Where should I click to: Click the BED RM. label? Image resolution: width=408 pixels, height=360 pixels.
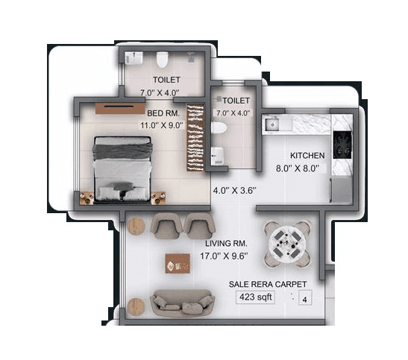click(x=163, y=113)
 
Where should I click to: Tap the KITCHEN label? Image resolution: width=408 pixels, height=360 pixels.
click(x=307, y=155)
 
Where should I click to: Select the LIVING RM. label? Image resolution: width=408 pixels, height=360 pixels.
click(x=226, y=244)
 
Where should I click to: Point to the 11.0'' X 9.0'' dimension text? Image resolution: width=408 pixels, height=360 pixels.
click(x=163, y=125)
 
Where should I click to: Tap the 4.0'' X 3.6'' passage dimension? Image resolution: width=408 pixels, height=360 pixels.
click(x=235, y=190)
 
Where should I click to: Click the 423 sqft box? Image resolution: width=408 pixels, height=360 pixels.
click(x=255, y=297)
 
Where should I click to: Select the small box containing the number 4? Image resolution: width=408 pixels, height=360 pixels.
click(x=304, y=300)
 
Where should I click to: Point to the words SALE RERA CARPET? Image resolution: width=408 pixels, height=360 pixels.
click(x=267, y=284)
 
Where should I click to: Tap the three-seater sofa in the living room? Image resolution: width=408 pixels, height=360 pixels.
click(x=182, y=303)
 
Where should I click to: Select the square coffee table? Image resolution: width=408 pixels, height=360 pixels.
click(x=178, y=262)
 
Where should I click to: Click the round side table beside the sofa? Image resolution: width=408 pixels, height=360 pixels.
click(x=135, y=306)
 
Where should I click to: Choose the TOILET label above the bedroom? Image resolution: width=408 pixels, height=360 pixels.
click(x=166, y=80)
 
